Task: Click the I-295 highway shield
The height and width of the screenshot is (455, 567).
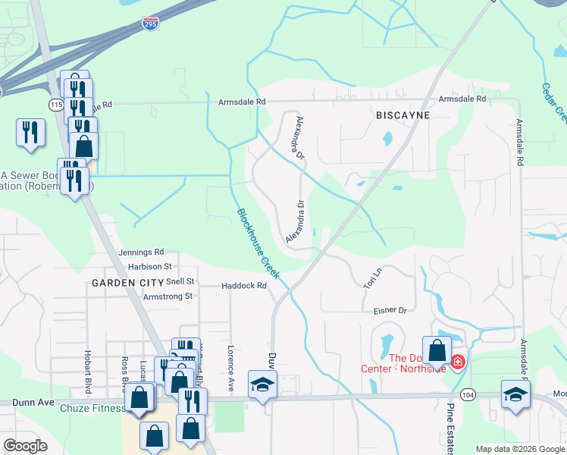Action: (150, 24)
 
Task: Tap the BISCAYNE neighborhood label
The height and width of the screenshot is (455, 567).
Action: (403, 115)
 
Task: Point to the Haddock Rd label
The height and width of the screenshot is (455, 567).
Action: (244, 286)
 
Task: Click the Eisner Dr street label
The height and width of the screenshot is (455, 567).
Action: (390, 311)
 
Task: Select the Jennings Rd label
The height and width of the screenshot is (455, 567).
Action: (141, 252)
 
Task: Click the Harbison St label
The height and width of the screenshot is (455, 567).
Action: (150, 266)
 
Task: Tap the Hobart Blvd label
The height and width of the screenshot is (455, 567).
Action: (88, 372)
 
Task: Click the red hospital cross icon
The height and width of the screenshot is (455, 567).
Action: (457, 362)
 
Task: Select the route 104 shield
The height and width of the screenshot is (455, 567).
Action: (468, 395)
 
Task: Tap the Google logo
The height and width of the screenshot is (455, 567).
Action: (25, 446)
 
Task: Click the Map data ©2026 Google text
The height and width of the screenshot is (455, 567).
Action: (520, 449)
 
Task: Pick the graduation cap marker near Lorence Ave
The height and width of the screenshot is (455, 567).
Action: (262, 384)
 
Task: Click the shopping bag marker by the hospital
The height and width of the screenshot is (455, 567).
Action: (437, 351)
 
